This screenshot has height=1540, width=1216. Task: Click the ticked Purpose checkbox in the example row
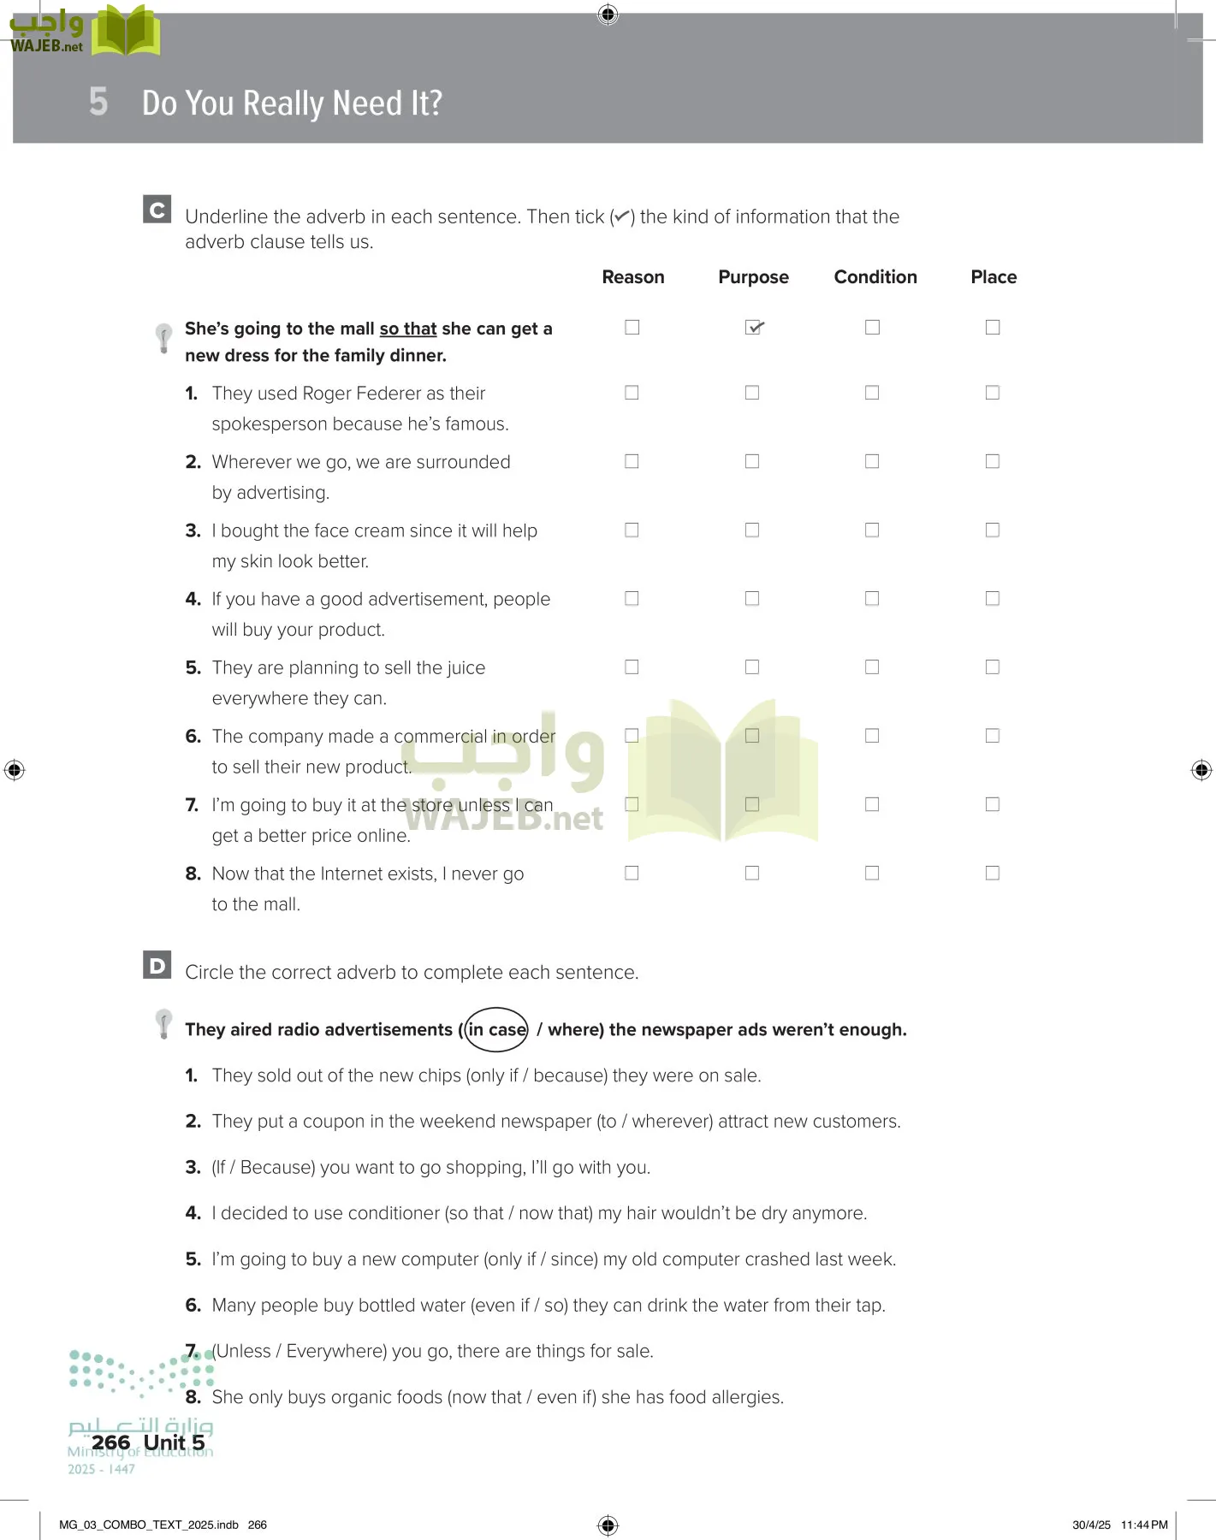click(x=753, y=328)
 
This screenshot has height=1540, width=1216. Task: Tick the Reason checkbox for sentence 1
click(x=632, y=393)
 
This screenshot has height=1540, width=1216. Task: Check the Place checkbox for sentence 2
click(x=993, y=461)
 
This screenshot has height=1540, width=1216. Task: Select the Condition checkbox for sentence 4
click(x=872, y=599)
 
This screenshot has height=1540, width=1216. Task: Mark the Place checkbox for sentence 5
click(x=993, y=667)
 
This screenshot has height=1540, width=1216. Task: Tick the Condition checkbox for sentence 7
click(x=872, y=804)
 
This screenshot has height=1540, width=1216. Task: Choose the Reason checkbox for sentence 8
click(x=632, y=874)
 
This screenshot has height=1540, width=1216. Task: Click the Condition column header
click(x=875, y=277)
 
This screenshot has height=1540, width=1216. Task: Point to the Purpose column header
click(x=753, y=277)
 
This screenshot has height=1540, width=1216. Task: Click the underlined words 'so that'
click(x=408, y=329)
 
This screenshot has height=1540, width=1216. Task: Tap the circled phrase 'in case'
click(x=496, y=1030)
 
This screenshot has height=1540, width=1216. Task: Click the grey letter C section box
click(x=157, y=210)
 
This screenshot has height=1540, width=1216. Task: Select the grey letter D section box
click(x=157, y=965)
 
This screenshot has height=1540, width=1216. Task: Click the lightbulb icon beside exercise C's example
click(x=163, y=337)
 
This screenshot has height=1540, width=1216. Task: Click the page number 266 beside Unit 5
click(x=111, y=1442)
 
